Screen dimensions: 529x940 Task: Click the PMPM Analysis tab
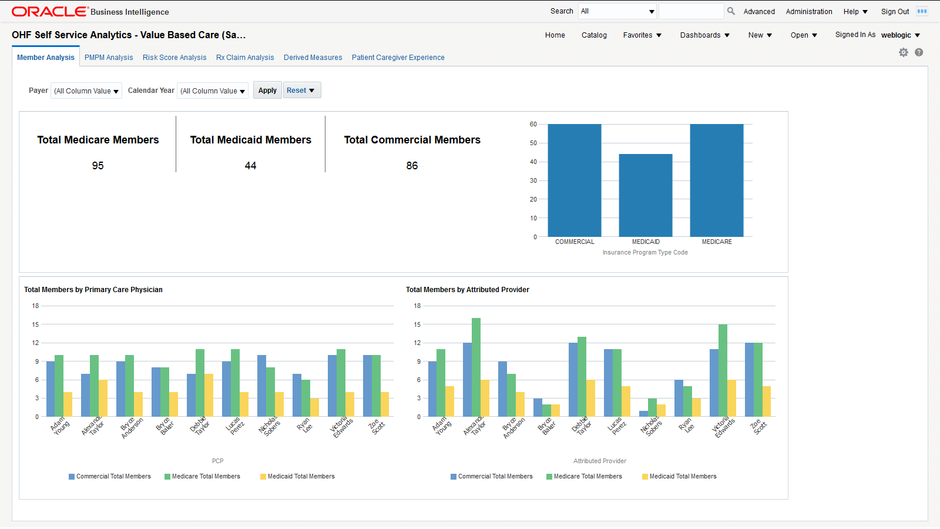(x=109, y=58)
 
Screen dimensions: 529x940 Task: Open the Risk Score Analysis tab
(x=174, y=58)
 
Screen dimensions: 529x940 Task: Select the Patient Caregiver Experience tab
(x=398, y=58)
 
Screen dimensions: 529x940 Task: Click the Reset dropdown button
(x=301, y=91)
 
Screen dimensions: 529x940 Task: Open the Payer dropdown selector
(x=86, y=91)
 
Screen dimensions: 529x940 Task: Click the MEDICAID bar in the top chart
(x=645, y=195)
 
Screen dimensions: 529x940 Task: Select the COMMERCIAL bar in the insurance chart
(x=574, y=180)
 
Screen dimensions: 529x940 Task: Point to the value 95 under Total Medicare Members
(x=98, y=166)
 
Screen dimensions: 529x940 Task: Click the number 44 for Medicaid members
(x=250, y=166)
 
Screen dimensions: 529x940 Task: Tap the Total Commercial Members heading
(x=412, y=140)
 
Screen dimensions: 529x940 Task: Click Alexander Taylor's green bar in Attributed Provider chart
(x=476, y=367)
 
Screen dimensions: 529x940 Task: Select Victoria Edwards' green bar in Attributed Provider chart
(x=723, y=370)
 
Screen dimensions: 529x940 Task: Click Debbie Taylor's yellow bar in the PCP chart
(x=209, y=395)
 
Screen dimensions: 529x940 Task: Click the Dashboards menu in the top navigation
(x=704, y=35)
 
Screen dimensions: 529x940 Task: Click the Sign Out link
(x=895, y=12)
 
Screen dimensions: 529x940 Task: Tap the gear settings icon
(x=904, y=52)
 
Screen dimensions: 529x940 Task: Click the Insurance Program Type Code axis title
(x=644, y=253)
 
